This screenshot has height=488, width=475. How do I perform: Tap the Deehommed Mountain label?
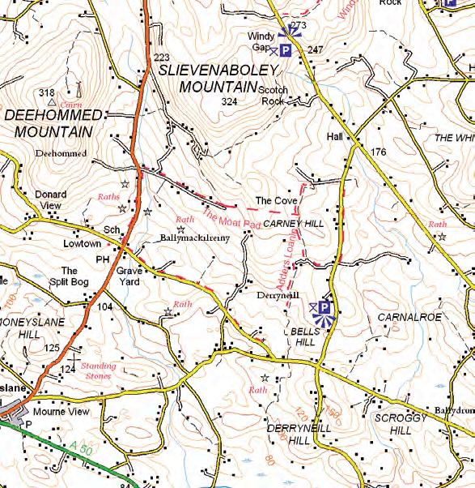pyautogui.click(x=53, y=123)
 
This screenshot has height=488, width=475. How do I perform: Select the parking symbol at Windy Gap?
pyautogui.click(x=286, y=50)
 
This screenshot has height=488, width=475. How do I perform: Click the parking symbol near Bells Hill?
pyautogui.click(x=324, y=307)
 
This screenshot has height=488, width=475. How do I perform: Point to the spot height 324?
pyautogui.click(x=229, y=102)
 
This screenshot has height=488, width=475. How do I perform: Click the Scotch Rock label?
pyautogui.click(x=274, y=96)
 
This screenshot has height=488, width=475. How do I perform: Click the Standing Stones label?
pyautogui.click(x=99, y=370)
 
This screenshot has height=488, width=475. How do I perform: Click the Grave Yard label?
pyautogui.click(x=129, y=276)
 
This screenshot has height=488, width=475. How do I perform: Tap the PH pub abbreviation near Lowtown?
pyautogui.click(x=103, y=259)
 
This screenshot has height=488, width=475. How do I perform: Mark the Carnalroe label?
pyautogui.click(x=414, y=317)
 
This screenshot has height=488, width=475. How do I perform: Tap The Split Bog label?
pyautogui.click(x=70, y=276)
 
